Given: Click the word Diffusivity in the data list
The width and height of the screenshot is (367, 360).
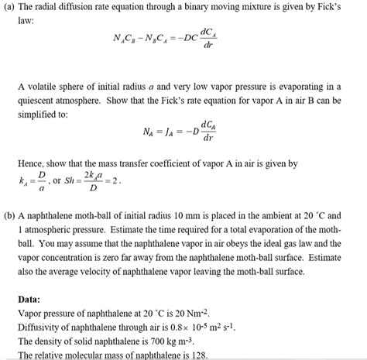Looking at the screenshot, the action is pyautogui.click(x=40, y=327).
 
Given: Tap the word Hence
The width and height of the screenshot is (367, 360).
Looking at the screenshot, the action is pyautogui.click(x=31, y=164).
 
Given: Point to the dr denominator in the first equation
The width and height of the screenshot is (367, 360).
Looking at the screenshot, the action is pyautogui.click(x=208, y=45).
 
